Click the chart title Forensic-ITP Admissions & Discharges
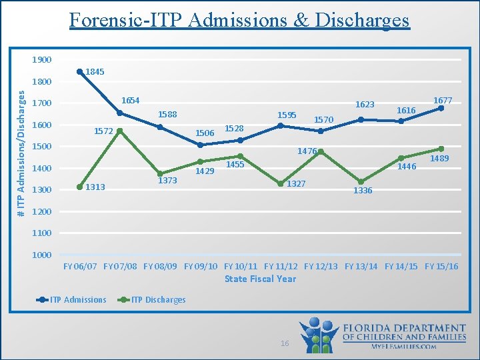[239, 20]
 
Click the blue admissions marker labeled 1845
[80, 71]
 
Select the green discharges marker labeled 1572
[120, 131]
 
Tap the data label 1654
[131, 101]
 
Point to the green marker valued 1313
[80, 187]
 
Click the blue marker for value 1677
[441, 108]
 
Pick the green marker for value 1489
[441, 149]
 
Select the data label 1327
[296, 183]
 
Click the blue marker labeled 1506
[200, 145]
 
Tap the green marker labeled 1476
[321, 152]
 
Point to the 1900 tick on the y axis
[41, 60]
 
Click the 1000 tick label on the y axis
[41, 255]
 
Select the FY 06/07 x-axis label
[80, 267]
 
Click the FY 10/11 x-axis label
[241, 267]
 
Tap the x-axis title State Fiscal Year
[260, 279]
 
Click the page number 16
[285, 343]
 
